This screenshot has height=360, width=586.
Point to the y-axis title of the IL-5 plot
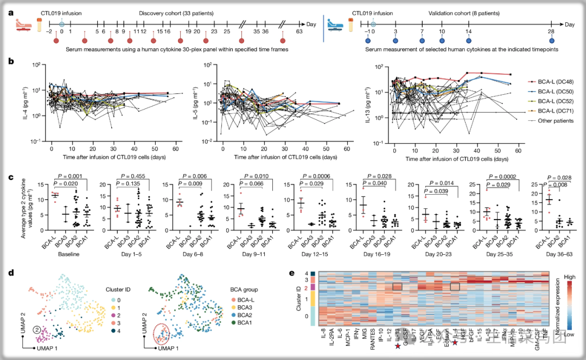tap(194, 103)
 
